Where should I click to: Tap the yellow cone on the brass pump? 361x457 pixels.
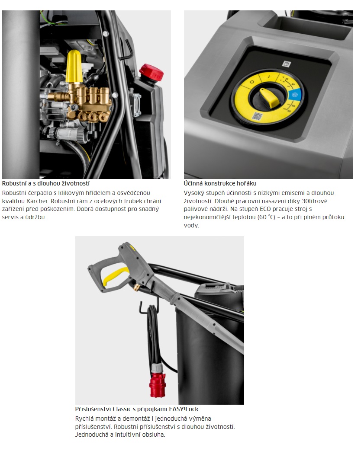coord(74,67)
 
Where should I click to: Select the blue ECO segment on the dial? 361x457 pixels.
coord(294,95)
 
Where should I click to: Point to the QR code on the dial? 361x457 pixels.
coord(257,116)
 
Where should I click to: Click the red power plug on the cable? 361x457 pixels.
coord(158,383)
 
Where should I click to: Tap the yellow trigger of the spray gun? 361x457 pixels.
coord(115,275)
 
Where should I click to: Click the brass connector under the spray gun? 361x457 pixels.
coord(136,288)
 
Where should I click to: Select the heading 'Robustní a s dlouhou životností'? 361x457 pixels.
coord(46,183)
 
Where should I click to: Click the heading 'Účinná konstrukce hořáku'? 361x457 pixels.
coord(220,183)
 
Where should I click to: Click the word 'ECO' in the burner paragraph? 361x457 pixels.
coord(265,209)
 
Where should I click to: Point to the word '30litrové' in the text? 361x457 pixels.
coord(314,201)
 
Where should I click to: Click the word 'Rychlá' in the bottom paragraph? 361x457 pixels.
coord(84,419)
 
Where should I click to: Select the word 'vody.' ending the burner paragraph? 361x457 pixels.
coord(191,225)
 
